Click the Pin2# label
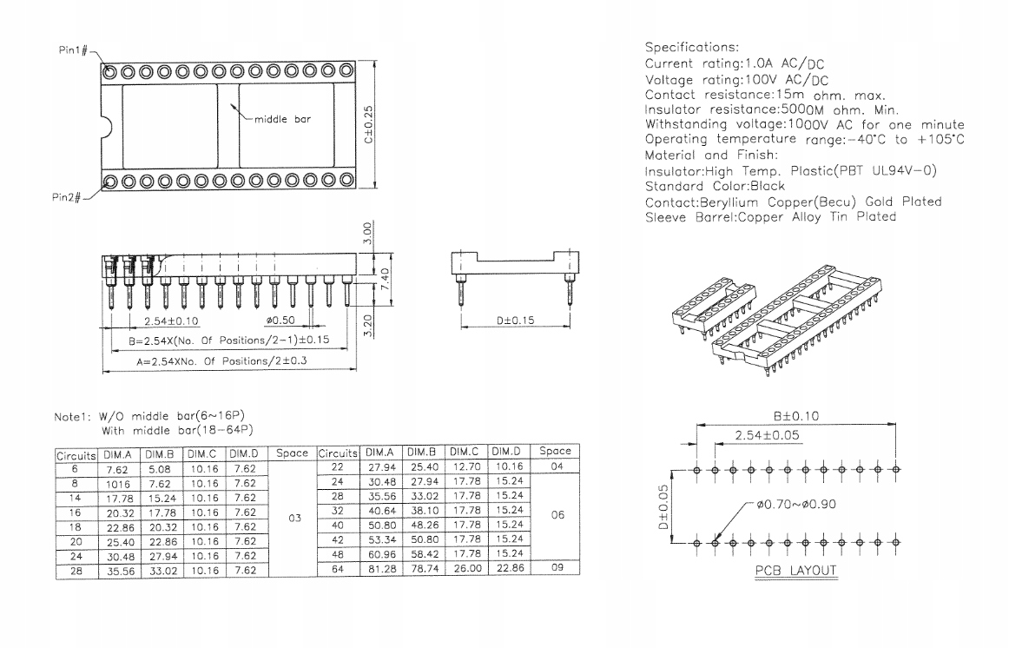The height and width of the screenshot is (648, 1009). tap(67, 198)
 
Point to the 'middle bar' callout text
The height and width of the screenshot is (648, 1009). tap(281, 119)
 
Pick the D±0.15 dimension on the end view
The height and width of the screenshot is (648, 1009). tap(515, 321)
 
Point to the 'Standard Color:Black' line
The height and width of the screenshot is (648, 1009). tap(715, 186)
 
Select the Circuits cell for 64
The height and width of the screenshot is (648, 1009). tap(338, 568)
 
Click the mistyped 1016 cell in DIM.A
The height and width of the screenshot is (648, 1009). tap(118, 483)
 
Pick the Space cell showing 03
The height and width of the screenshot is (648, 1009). tap(293, 518)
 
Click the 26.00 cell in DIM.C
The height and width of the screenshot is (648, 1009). tap(465, 568)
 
